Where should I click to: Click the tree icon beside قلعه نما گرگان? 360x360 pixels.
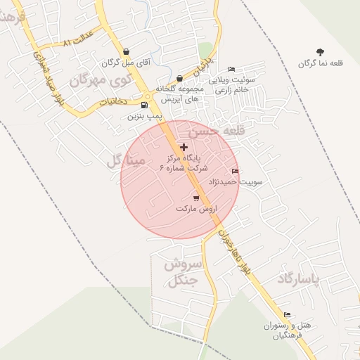321,52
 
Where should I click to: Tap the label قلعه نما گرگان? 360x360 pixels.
321,63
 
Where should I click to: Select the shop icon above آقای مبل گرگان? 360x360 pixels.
126,52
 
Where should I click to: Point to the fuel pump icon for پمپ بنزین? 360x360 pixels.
145,105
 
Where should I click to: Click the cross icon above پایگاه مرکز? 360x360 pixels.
184,147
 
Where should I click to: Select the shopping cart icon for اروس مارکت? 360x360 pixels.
196,198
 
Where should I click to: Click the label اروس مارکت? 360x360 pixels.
196,210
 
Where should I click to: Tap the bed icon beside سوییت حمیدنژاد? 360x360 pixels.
235,171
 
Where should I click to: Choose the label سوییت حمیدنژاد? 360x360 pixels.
242,181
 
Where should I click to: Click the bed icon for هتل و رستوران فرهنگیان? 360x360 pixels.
287,315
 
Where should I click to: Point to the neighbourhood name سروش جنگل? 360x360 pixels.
183,273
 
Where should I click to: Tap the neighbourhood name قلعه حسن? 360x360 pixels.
210,131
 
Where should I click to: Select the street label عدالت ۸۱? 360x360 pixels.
77,42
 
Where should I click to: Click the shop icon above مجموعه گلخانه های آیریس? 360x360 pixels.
180,78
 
